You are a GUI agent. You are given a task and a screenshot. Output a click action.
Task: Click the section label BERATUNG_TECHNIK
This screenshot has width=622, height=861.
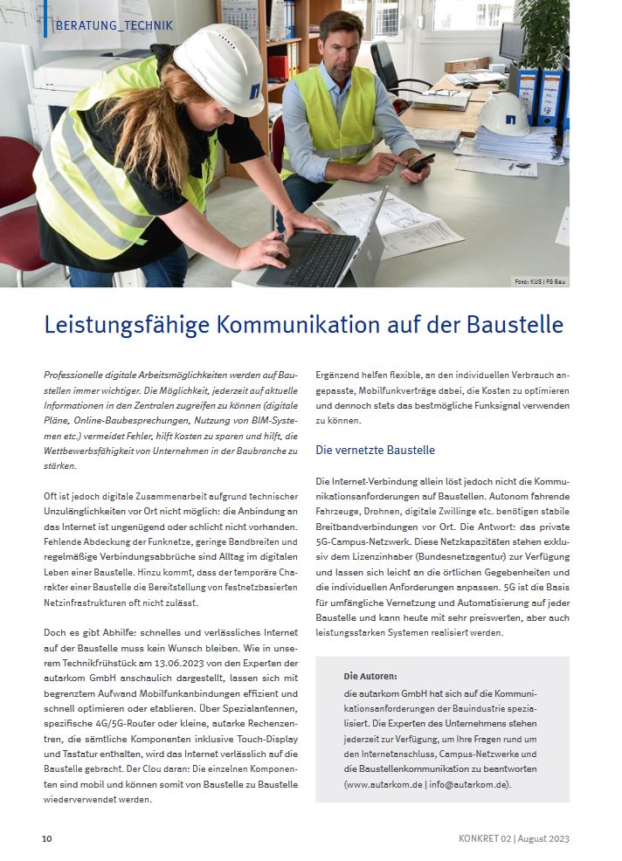pos(113,25)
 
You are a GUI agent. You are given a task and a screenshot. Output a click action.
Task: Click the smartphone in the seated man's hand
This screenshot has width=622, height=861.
pos(421,162)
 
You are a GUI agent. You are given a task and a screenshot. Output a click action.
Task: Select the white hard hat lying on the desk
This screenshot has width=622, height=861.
pos(504,114)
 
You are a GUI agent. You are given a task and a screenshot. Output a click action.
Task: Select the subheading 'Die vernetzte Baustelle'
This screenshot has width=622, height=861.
pos(375,451)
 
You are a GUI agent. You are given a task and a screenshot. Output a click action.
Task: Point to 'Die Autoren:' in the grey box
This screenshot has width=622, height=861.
pos(370,676)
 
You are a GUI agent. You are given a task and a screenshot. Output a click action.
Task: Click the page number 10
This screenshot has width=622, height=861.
pos(47,838)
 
